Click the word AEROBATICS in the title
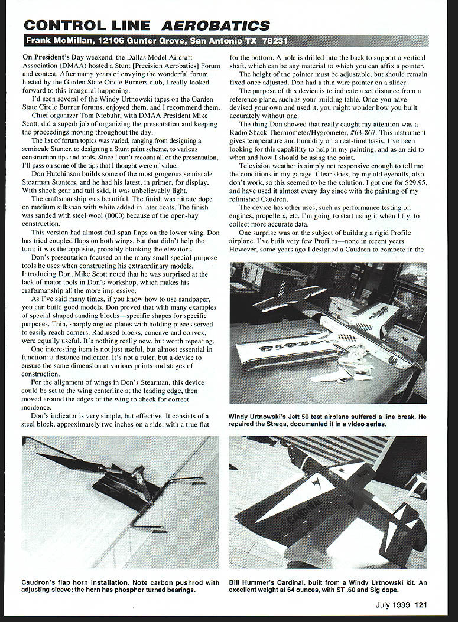[x=215, y=25]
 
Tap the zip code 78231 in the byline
[x=274, y=41]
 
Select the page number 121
[x=421, y=604]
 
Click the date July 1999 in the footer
[x=393, y=604]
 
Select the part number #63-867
[x=359, y=133]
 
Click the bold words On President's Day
[x=53, y=57]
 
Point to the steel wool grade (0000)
[x=115, y=216]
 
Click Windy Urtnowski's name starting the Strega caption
[x=258, y=417]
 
